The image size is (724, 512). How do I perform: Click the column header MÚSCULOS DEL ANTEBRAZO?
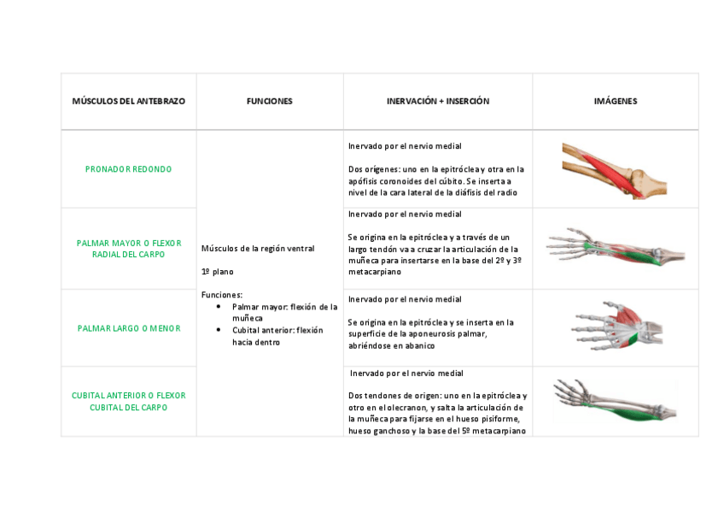pos(128,101)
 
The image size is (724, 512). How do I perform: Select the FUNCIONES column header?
pos(269,101)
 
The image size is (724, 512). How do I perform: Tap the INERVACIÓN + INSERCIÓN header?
pos(438,101)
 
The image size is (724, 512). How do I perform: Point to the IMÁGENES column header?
pos(615,101)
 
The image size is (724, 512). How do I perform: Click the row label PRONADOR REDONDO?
pos(128,169)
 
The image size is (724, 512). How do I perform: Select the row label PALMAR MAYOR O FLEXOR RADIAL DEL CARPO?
pos(128,249)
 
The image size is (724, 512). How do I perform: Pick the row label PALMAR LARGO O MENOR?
pos(128,328)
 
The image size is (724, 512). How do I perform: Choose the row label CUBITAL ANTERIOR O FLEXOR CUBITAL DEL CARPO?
pos(128,402)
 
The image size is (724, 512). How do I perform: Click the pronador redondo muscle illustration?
pos(614,169)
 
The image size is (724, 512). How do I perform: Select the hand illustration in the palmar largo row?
pos(615,326)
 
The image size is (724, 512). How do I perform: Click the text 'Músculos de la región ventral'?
pos(258,249)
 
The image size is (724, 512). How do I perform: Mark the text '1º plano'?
pos(217,272)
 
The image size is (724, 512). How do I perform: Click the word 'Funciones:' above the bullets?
pos(222,295)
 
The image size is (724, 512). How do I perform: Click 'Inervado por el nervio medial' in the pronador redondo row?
pos(406,146)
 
